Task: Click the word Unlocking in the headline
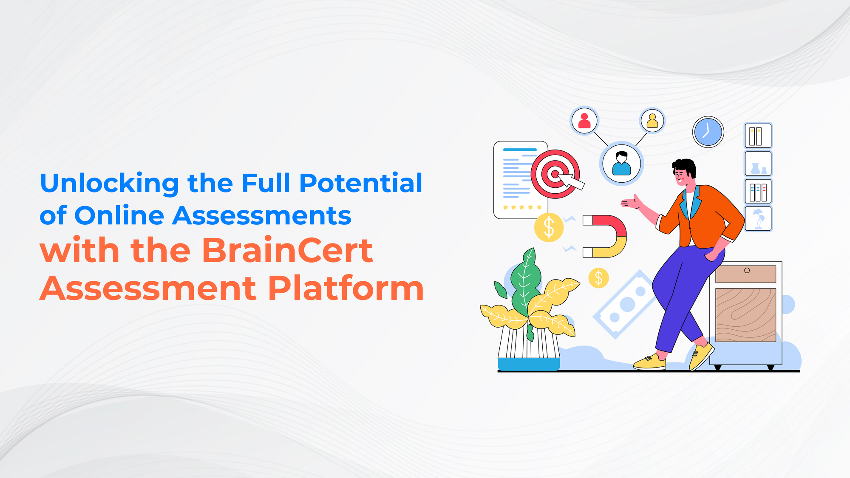coord(109,184)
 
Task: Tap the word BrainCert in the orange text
coord(287,251)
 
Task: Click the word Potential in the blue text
coord(360,184)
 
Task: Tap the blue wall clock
coord(708,132)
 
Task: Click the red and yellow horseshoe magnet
coord(608,236)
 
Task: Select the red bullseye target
coord(555,174)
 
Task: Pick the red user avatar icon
coord(584,120)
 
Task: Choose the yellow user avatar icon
coord(652,121)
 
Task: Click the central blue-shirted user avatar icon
coord(621,164)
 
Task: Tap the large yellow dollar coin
coord(549,227)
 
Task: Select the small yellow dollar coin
coord(598,278)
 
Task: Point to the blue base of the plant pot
coord(528,364)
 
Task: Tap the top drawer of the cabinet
coord(745,274)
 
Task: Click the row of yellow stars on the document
coord(522,207)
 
